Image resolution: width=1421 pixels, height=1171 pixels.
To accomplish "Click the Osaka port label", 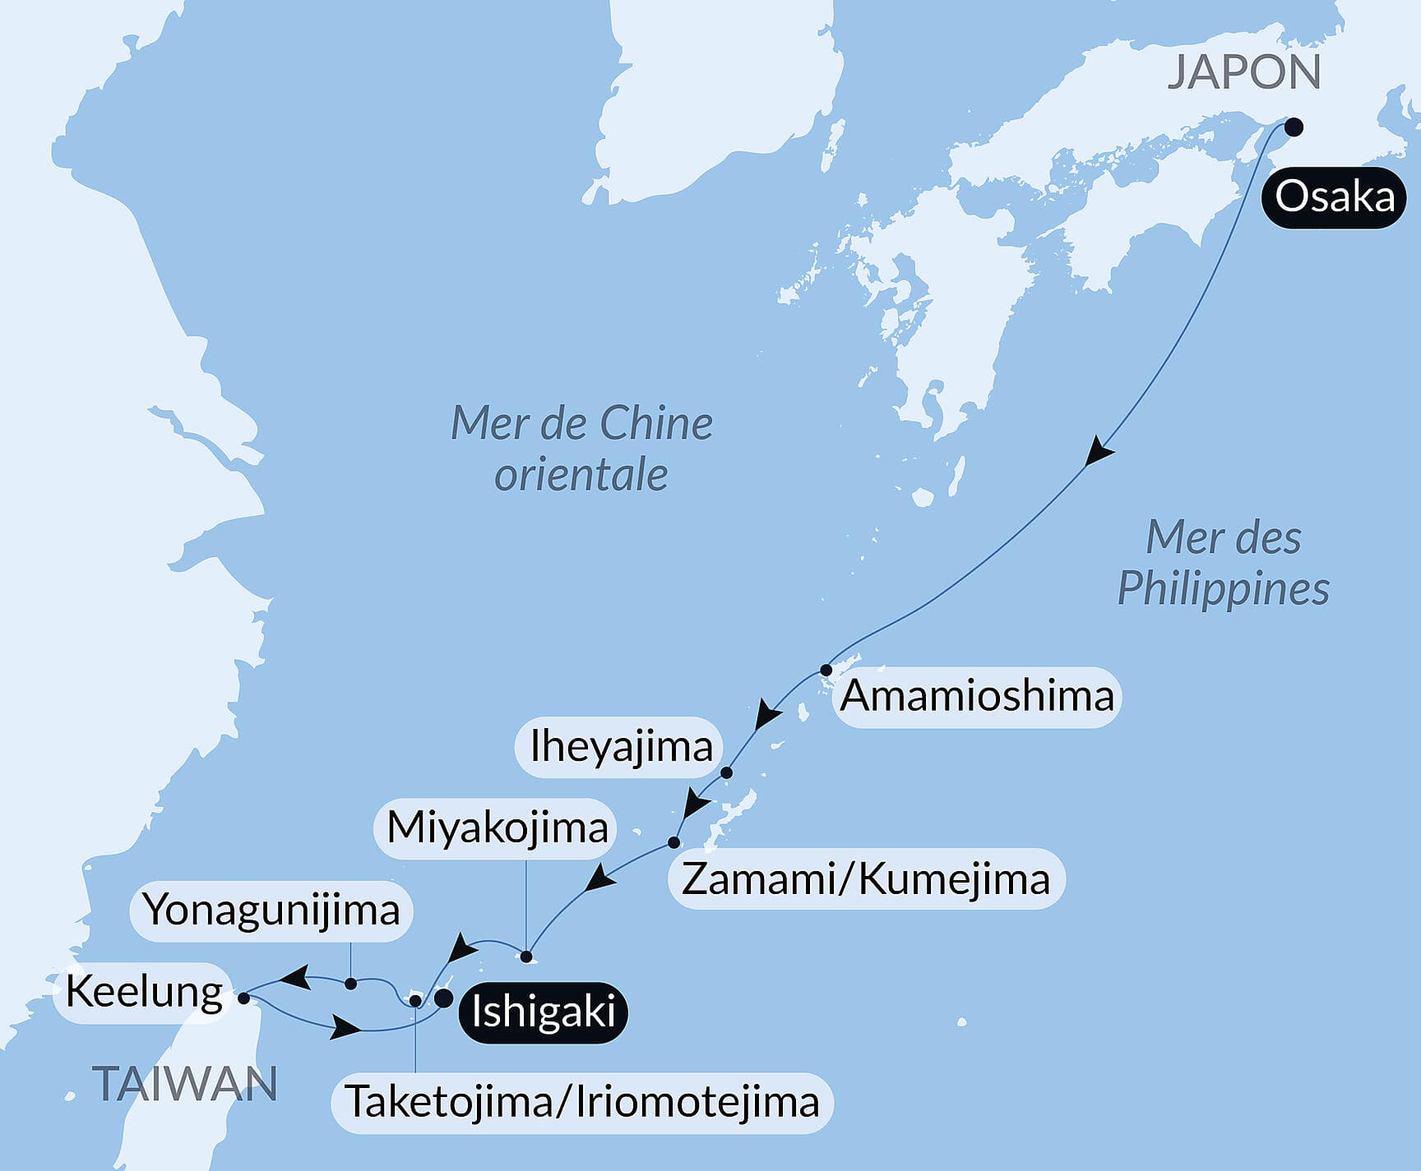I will tap(1335, 197).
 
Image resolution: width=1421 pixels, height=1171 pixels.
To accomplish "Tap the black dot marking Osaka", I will tap(1294, 127).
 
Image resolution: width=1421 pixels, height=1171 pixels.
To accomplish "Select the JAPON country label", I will tap(1243, 72).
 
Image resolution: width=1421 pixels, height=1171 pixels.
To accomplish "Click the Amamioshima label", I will tap(977, 696).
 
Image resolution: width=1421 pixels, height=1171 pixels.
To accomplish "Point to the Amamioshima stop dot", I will tap(826, 670).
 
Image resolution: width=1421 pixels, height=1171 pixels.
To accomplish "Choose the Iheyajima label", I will tap(621, 747).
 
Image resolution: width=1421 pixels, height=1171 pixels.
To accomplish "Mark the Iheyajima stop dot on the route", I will tap(726, 772).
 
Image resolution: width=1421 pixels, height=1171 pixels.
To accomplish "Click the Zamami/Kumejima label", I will tap(866, 878).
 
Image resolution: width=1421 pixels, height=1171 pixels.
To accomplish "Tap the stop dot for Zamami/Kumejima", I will tap(673, 842).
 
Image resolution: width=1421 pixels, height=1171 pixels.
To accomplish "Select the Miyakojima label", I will tap(497, 828).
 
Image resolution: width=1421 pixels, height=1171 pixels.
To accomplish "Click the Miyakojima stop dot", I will tap(526, 957).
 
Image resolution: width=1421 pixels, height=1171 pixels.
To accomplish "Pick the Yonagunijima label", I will tap(271, 910).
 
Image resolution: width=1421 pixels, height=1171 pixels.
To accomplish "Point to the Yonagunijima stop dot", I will tap(351, 984).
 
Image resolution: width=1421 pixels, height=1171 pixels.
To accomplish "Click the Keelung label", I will tap(144, 992).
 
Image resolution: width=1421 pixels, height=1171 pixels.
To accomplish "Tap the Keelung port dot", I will tap(243, 998).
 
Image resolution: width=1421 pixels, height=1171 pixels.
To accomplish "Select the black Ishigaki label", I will tap(543, 1012).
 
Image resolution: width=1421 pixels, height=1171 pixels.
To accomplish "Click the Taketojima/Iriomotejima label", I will tap(582, 1102).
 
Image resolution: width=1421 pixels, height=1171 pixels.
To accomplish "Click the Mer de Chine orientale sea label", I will tap(581, 449).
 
